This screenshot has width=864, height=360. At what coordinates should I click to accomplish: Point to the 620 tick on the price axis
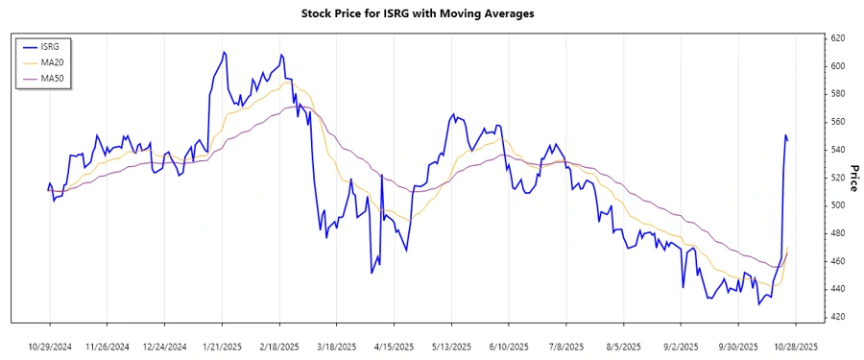pyautogui.click(x=837, y=38)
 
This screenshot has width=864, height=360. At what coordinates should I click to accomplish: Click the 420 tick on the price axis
pyautogui.click(x=837, y=317)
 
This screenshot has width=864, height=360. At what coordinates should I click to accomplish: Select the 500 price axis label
pyautogui.click(x=837, y=205)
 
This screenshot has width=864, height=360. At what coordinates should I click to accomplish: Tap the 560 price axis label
pyautogui.click(x=837, y=122)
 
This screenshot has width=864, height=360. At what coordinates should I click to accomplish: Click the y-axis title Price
pyautogui.click(x=852, y=177)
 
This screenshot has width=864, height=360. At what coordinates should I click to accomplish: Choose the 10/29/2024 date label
pyautogui.click(x=50, y=346)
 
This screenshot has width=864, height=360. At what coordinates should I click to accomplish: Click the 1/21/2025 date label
pyautogui.click(x=222, y=346)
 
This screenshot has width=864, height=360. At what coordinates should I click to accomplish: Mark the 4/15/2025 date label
pyautogui.click(x=394, y=346)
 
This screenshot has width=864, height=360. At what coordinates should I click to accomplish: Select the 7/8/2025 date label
pyautogui.click(x=565, y=346)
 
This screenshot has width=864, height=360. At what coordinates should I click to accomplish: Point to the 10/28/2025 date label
pyautogui.click(x=795, y=346)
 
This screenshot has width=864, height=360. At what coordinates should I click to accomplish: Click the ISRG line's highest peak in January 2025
pyautogui.click(x=224, y=52)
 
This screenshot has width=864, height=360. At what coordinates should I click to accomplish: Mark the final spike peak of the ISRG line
pyautogui.click(x=785, y=135)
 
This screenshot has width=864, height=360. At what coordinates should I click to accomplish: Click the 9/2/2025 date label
pyautogui.click(x=680, y=346)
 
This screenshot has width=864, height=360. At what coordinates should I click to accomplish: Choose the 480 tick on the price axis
pyautogui.click(x=837, y=233)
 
